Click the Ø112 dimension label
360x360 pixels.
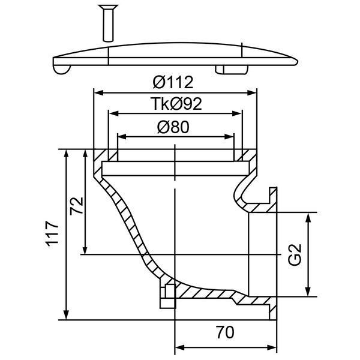(x=173, y=82)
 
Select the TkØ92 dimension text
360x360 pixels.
(x=176, y=104)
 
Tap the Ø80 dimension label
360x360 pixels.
(x=173, y=127)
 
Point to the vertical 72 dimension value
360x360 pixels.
(x=76, y=206)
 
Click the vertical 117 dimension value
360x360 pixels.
(x=52, y=234)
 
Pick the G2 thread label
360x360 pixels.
(x=295, y=254)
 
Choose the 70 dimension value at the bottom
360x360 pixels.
(x=225, y=332)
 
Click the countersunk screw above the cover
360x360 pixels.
(x=108, y=23)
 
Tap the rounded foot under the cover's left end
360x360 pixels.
(x=62, y=70)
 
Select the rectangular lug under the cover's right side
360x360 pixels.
(x=232, y=70)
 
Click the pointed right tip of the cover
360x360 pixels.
(x=298, y=62)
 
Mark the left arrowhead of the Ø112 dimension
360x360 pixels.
(x=99, y=93)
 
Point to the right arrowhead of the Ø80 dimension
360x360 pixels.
(x=229, y=137)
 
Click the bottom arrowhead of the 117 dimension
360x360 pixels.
(x=66, y=314)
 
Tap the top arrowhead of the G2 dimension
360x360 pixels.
(x=308, y=218)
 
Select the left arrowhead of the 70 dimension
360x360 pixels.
(x=180, y=347)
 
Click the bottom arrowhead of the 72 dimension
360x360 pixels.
(x=85, y=250)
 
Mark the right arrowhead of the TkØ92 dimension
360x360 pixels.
(x=237, y=113)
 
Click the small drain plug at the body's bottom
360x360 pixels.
(x=168, y=296)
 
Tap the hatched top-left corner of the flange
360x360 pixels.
(x=101, y=155)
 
